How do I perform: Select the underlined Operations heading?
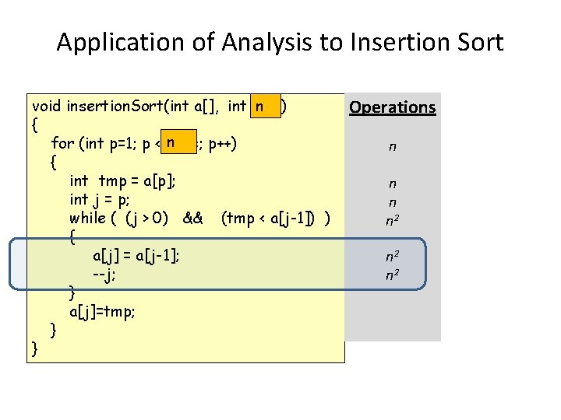click(x=393, y=107)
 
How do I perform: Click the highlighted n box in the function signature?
click(x=265, y=106)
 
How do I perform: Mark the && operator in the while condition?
click(x=192, y=219)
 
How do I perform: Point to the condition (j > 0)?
click(x=144, y=219)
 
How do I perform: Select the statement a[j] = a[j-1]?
click(x=136, y=255)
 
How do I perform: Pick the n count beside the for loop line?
click(x=393, y=145)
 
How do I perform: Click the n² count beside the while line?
click(x=393, y=219)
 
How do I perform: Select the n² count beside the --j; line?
click(x=393, y=274)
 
